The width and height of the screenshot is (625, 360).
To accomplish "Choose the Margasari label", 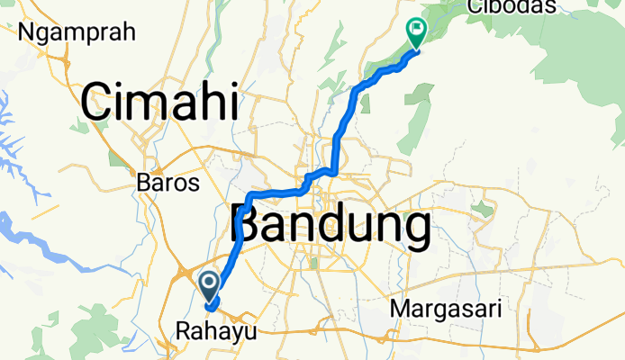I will [x=448, y=309].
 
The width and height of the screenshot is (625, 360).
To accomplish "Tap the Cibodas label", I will [x=512, y=7].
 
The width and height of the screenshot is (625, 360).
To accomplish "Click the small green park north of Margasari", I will [x=483, y=210].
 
